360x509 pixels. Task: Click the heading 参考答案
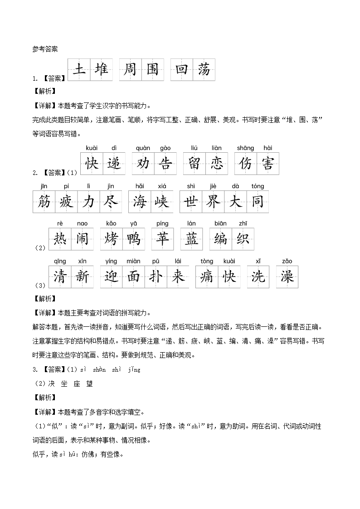(45, 49)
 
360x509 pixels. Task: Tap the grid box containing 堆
(101, 70)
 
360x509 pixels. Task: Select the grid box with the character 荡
(204, 70)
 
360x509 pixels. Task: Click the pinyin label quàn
(143, 148)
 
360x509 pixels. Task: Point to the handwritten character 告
(165, 164)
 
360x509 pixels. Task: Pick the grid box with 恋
(217, 164)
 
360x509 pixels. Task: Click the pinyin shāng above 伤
(245, 148)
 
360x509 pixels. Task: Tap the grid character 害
(268, 164)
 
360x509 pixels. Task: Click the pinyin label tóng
(258, 186)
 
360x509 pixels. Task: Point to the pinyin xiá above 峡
(162, 186)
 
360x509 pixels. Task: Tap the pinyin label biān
(220, 223)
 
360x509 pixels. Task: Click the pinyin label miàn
(133, 261)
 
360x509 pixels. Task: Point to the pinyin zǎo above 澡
(287, 261)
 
